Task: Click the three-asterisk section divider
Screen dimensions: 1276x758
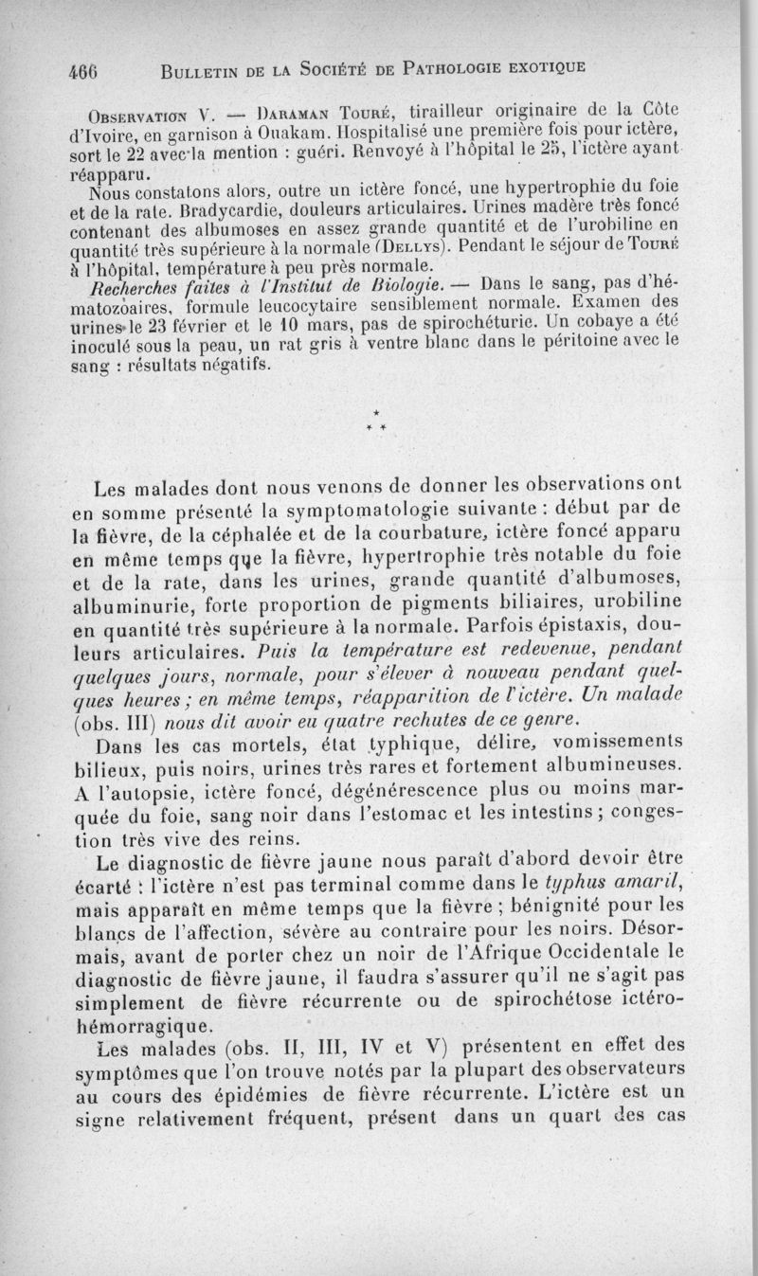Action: [377, 422]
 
